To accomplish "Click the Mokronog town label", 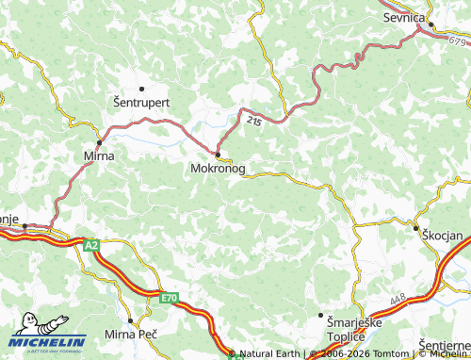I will pos(218,170).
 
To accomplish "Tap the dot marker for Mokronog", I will pos(218,155).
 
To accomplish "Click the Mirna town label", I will pos(99,155).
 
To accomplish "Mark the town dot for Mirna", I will pos(99,142).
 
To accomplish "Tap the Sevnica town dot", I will pos(426,27).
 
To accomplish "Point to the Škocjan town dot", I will pos(415,228).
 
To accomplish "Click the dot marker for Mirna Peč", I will pos(130,320).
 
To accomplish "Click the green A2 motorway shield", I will pos(91,245).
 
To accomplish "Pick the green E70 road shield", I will pos(169,298).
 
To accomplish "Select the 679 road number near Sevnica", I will pos(458,41).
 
